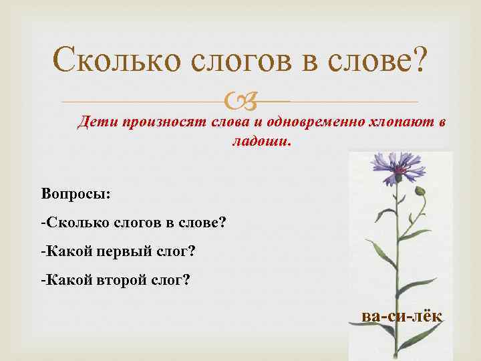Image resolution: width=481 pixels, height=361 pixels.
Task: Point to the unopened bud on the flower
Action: (x=420, y=191)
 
